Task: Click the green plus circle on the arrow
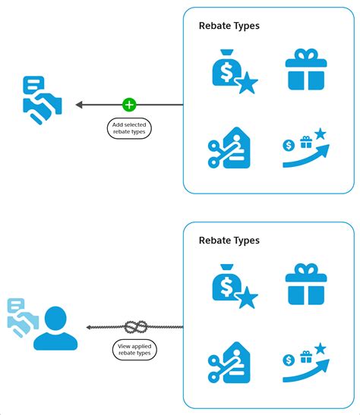[128, 105]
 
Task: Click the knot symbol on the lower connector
[135, 327]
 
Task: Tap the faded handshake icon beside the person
[21, 316]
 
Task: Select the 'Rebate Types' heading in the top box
[229, 26]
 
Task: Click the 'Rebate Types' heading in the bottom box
[229, 241]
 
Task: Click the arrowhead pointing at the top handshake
[79, 105]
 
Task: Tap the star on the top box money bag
[248, 84]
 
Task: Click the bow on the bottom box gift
[305, 269]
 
